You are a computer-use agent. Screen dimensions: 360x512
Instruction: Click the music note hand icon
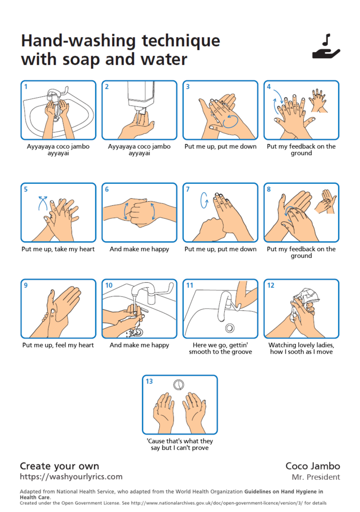pos(326,46)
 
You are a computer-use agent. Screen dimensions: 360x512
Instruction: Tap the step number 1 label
pos(26,87)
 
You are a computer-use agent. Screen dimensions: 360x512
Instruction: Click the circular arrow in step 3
pos(230,121)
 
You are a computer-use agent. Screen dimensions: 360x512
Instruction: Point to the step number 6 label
pos(107,189)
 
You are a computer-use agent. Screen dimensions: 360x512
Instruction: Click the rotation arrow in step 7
pos(204,200)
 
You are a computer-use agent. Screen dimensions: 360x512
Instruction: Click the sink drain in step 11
pos(229,328)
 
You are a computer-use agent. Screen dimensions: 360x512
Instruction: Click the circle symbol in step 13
pos(178,385)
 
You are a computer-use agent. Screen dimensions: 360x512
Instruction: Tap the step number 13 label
pos(150,381)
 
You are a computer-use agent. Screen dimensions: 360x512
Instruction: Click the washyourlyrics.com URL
pos(71,476)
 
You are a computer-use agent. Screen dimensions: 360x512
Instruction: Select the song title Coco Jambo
pos(312,466)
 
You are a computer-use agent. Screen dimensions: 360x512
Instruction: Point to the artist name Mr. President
pos(316,477)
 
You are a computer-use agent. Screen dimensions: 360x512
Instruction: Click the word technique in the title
pos(181,41)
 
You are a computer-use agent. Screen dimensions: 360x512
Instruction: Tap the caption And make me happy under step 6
pos(139,249)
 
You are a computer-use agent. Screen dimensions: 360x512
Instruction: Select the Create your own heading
pos(59,466)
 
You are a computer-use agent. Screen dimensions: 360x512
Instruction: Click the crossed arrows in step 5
pos(43,203)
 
